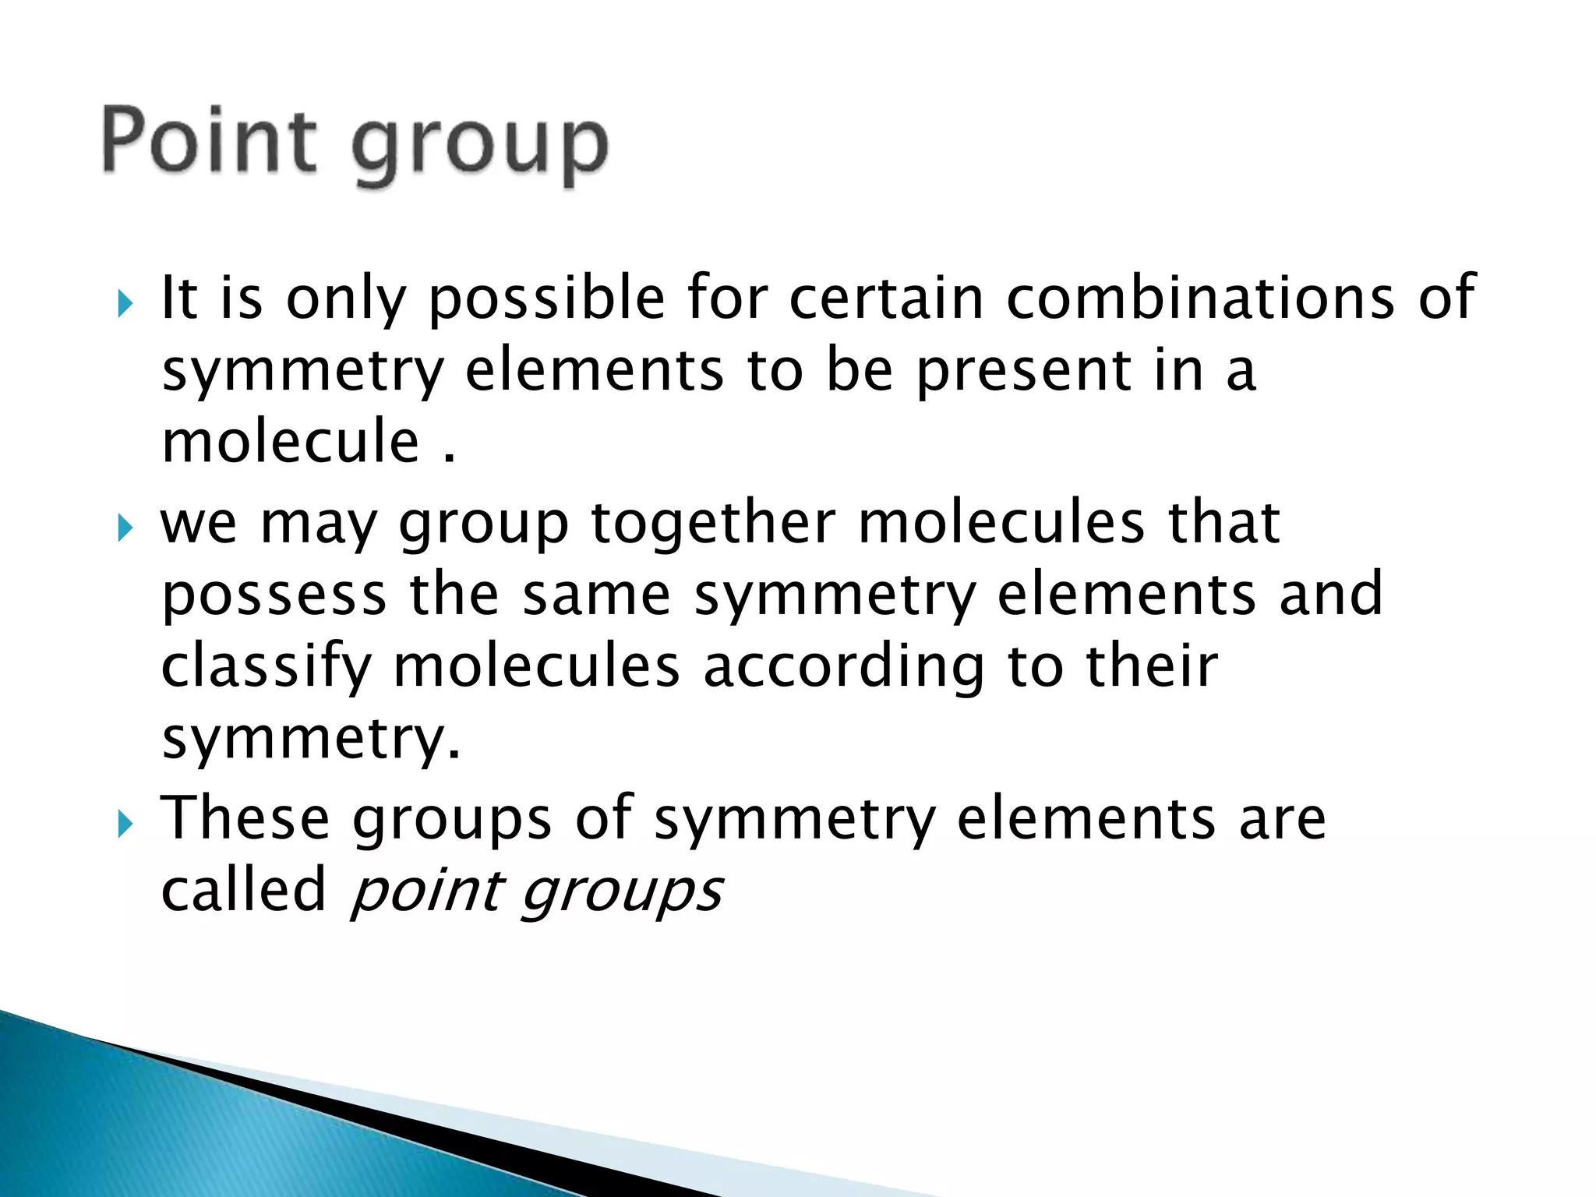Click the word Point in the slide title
point(209,140)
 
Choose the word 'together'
point(713,524)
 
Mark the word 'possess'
point(274,595)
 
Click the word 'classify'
point(266,667)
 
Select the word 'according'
point(844,667)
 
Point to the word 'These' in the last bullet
point(245,817)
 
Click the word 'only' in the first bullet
point(346,300)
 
